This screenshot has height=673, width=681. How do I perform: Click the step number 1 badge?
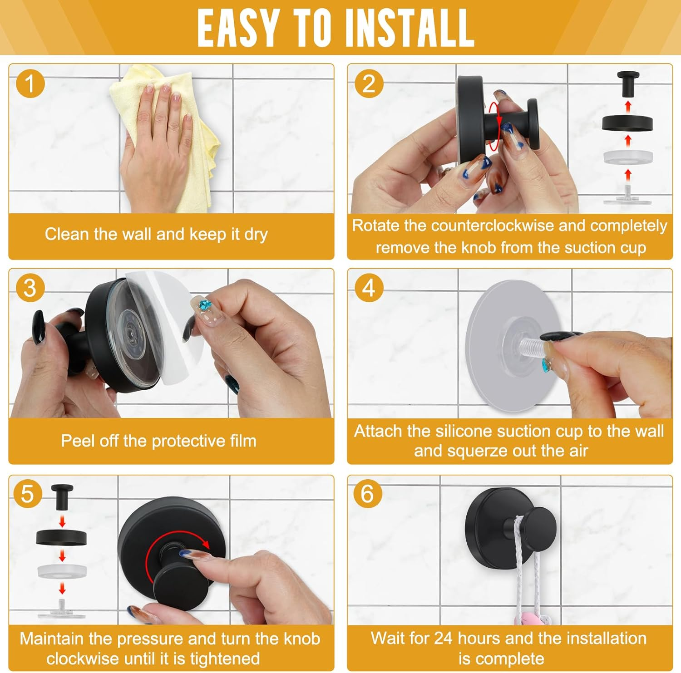[x=30, y=84]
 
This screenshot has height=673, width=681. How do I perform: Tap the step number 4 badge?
[x=369, y=288]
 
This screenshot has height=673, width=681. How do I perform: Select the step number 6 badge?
[x=367, y=493]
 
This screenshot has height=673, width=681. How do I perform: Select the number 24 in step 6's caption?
[x=444, y=638]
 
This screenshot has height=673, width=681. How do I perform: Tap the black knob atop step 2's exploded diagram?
[x=628, y=83]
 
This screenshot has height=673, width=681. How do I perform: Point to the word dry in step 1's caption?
[x=256, y=235]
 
